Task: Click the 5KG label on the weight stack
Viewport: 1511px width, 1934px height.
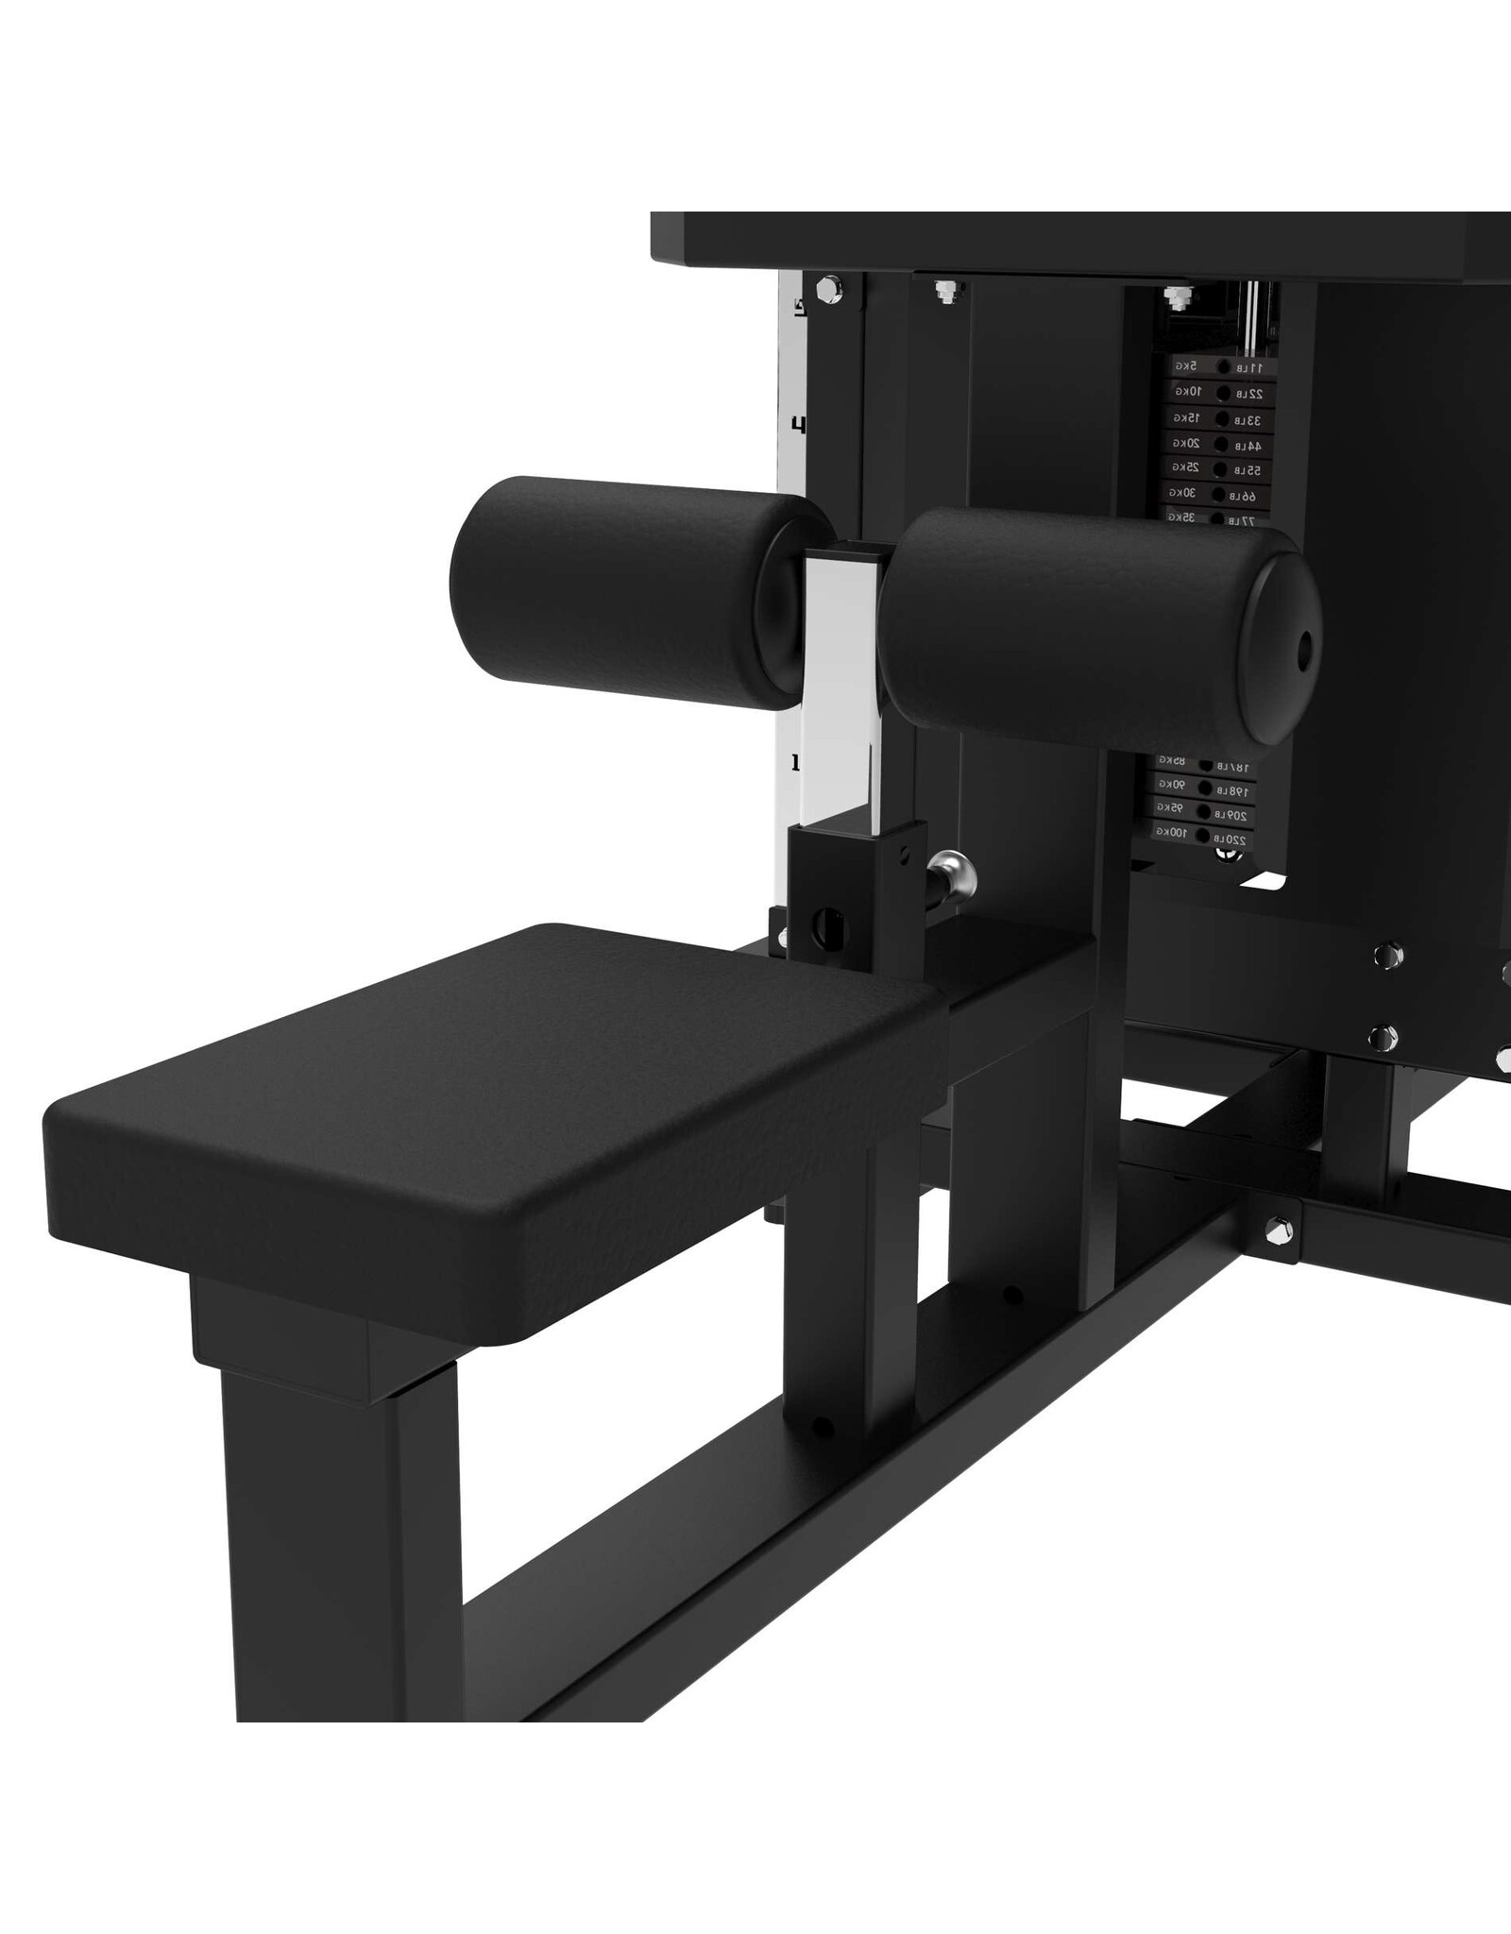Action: click(1187, 365)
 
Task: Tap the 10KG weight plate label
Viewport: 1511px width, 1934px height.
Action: click(1187, 391)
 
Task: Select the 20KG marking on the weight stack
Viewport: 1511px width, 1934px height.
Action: click(1187, 443)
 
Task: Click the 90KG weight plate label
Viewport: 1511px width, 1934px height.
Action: click(1171, 784)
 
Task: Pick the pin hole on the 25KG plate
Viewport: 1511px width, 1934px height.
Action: click(1222, 469)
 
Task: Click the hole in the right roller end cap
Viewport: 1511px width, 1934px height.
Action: click(1305, 651)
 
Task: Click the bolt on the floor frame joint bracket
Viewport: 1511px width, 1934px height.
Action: click(1280, 1229)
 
